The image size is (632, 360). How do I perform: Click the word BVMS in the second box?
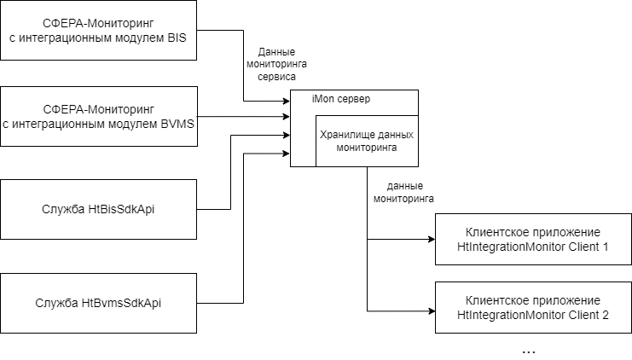(177, 124)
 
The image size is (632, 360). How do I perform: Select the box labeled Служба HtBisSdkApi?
(98, 209)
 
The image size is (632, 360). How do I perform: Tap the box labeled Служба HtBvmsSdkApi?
(98, 303)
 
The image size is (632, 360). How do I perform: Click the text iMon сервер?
(342, 99)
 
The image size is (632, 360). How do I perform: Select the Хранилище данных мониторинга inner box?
(367, 141)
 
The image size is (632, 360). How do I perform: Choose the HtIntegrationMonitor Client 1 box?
(533, 240)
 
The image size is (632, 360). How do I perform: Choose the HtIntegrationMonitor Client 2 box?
(533, 308)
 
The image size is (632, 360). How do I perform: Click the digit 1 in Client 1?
(605, 247)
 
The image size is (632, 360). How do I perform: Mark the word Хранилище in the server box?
(345, 134)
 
